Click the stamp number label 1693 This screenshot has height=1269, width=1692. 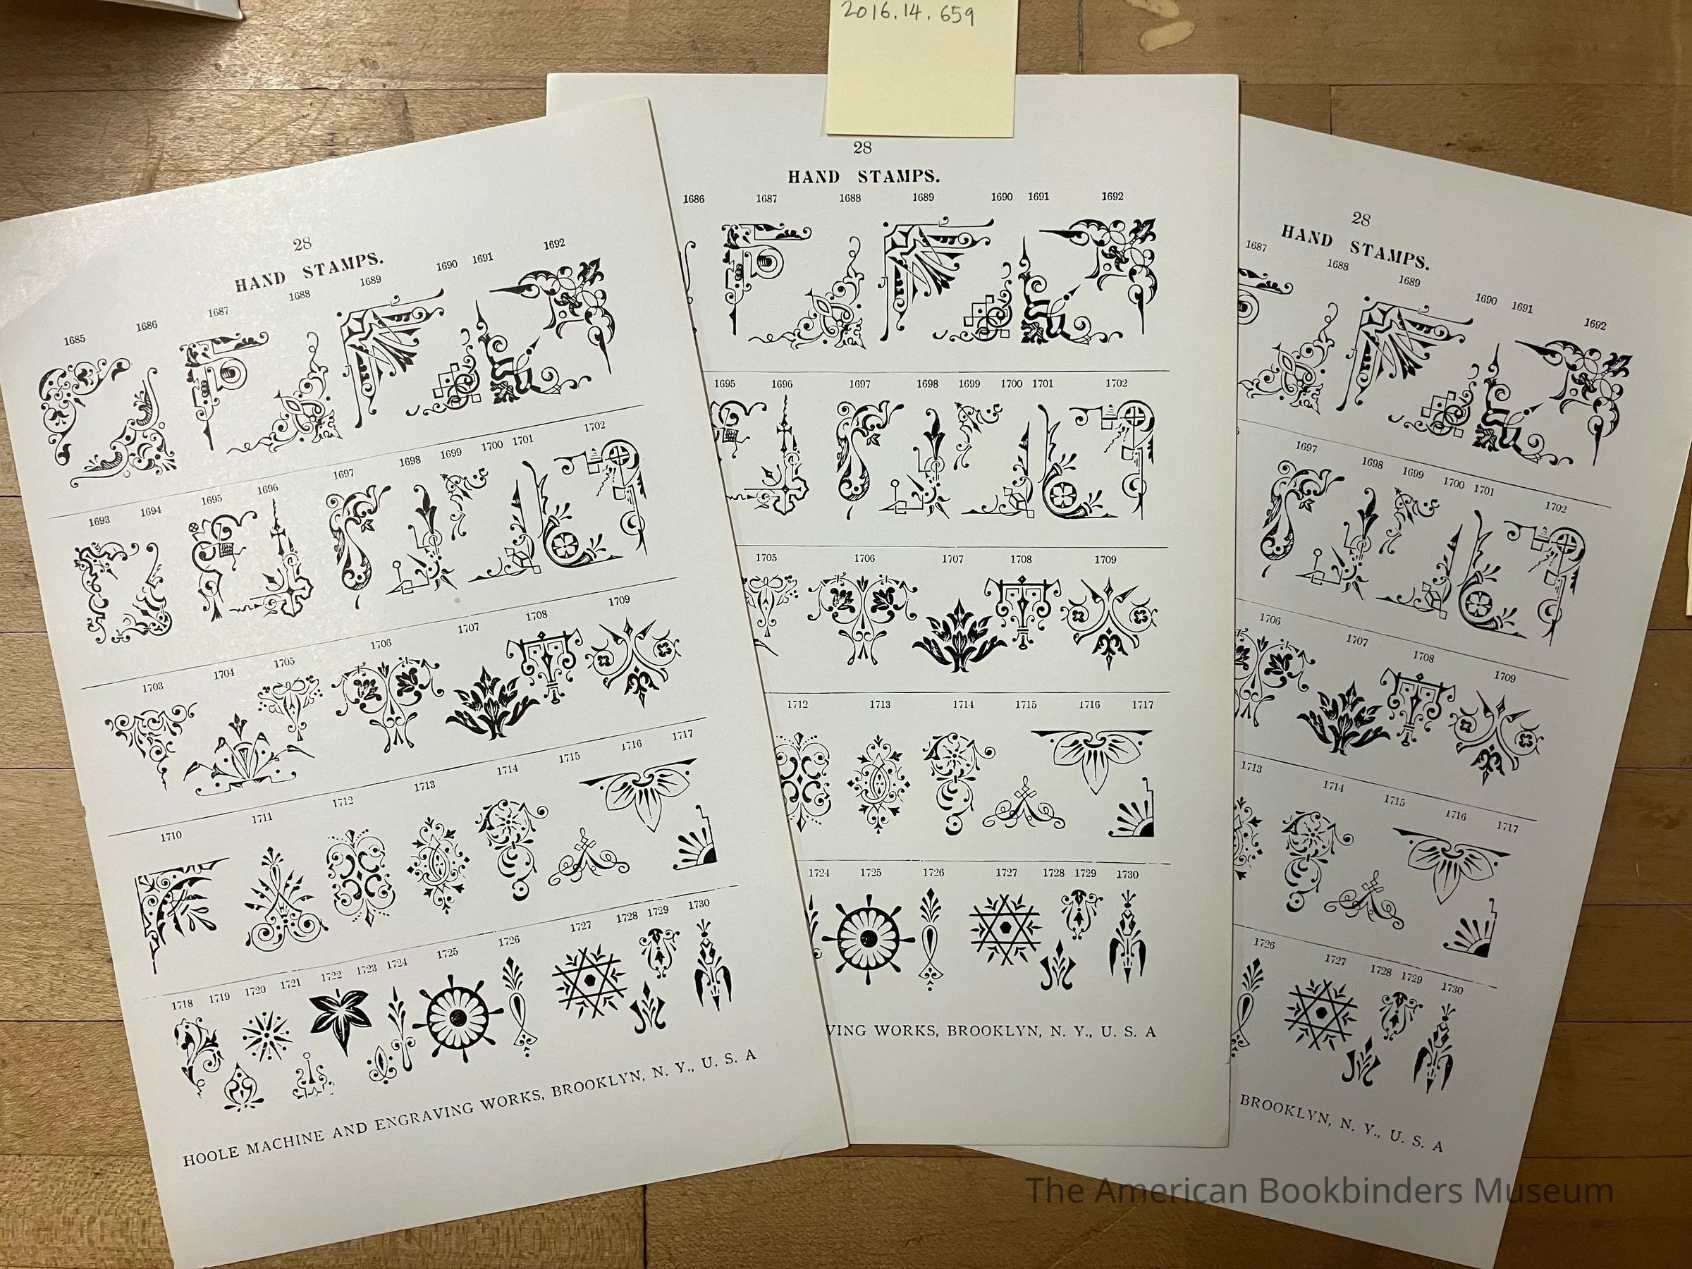[99, 521]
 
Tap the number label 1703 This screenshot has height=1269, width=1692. [152, 687]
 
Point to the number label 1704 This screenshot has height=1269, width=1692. [224, 674]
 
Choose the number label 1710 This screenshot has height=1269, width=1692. [171, 836]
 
